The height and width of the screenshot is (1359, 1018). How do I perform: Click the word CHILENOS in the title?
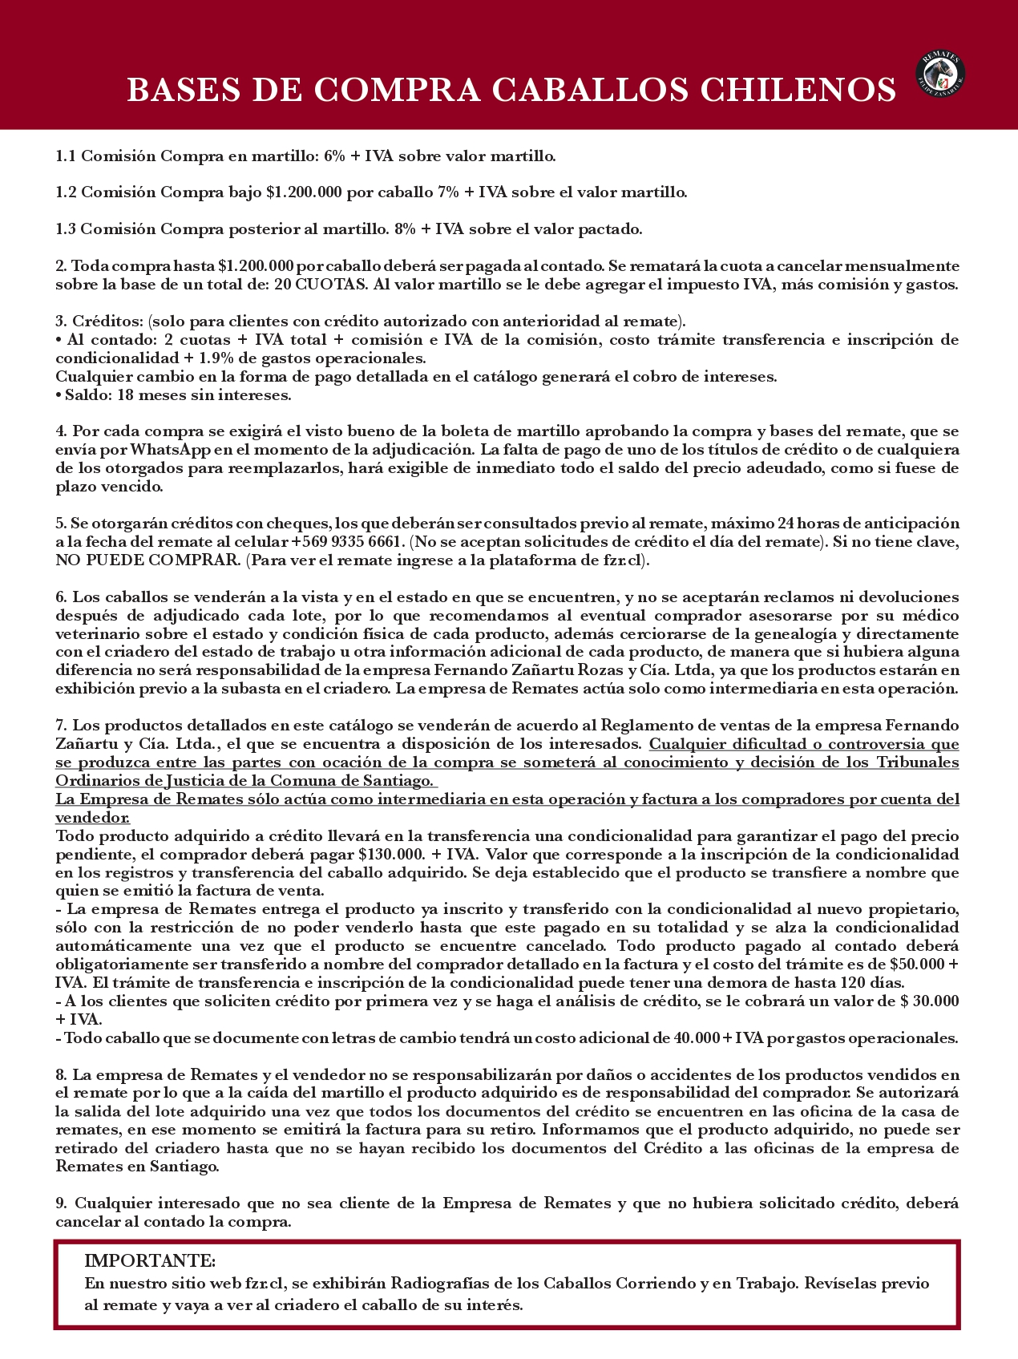point(798,90)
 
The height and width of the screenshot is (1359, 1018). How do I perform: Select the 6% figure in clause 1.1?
point(334,156)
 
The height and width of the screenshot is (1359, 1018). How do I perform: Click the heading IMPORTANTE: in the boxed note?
point(150,1261)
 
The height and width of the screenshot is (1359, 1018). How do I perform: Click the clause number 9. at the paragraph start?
point(63,1203)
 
